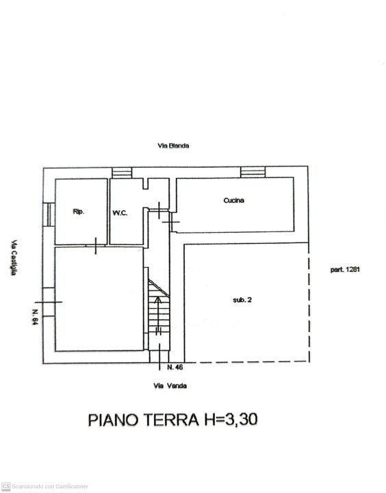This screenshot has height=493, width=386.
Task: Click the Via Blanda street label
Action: (173, 146)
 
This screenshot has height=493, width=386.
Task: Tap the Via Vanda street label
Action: (170, 385)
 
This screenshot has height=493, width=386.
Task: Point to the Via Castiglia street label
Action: (14, 258)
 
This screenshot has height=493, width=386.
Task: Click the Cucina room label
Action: (233, 200)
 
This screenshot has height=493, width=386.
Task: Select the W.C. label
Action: (120, 213)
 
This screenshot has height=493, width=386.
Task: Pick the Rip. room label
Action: (79, 212)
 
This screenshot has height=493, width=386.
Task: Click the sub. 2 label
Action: (242, 300)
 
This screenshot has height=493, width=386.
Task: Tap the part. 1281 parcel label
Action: (345, 270)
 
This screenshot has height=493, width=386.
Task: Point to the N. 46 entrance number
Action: (175, 367)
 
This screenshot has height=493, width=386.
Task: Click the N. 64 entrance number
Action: (35, 316)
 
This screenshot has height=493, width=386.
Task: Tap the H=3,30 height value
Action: (231, 419)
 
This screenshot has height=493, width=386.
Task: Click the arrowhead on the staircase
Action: (158, 299)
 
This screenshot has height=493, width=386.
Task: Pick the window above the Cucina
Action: (253, 173)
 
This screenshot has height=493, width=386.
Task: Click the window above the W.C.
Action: (122, 173)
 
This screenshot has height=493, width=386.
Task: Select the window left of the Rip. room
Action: (49, 214)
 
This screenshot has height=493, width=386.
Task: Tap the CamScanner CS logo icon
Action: (6, 486)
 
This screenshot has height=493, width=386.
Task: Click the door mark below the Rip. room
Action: (96, 246)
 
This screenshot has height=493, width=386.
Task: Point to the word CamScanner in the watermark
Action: (72, 487)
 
